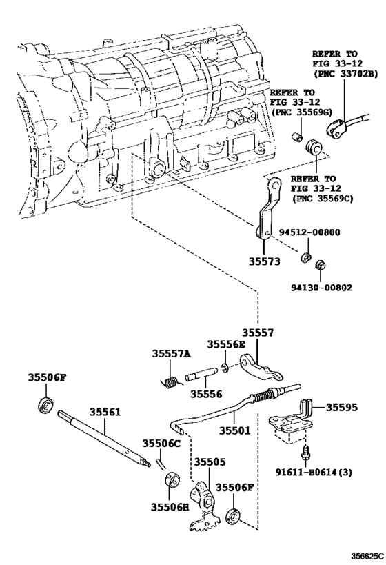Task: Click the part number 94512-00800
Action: point(309,232)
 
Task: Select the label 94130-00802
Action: point(322,288)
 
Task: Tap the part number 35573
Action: point(264,261)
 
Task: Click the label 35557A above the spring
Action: point(171,354)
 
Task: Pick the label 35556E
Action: point(226,344)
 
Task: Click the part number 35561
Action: point(105,411)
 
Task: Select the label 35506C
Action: point(161,443)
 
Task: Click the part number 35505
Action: point(210,462)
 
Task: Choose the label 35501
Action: point(235,430)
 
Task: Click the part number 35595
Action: point(342,407)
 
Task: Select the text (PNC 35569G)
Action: point(302,111)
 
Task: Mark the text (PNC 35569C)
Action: point(323,198)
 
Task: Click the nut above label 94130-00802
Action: point(319,265)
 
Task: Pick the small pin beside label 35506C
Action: point(162,463)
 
